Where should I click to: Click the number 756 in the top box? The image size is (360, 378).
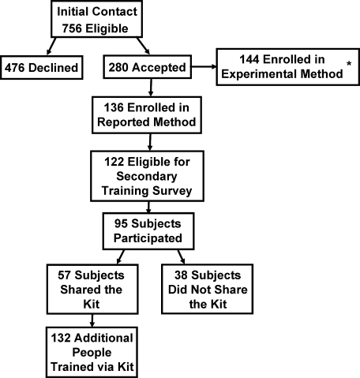72,28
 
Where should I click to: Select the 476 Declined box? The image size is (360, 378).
42,67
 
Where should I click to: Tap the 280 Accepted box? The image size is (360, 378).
148,67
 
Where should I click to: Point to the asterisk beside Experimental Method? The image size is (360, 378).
349,64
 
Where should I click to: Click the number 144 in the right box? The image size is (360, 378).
249,59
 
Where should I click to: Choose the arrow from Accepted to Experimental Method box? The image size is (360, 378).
204,67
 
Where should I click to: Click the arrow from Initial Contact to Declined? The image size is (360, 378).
51,46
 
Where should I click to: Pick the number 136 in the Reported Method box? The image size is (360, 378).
114,107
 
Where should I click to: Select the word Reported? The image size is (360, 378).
124,122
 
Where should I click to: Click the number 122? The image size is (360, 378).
114,162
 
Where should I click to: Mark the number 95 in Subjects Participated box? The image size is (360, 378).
121,223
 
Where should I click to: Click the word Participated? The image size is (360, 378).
148,238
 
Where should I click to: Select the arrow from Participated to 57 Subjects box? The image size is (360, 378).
121,256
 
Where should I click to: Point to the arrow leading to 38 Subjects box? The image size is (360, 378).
181,256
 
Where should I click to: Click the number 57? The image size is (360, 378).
65,275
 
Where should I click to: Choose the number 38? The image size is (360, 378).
181,275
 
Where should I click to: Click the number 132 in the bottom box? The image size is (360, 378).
61,338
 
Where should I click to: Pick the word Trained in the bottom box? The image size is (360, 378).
69,367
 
